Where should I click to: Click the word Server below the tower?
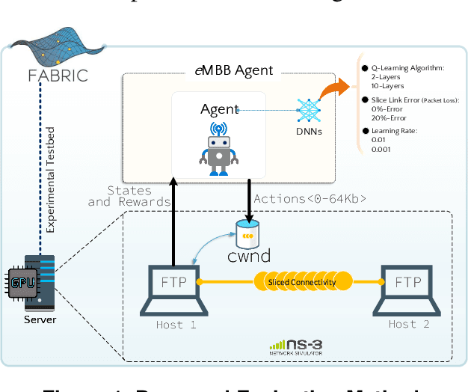39,320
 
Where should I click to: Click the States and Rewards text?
120,196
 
